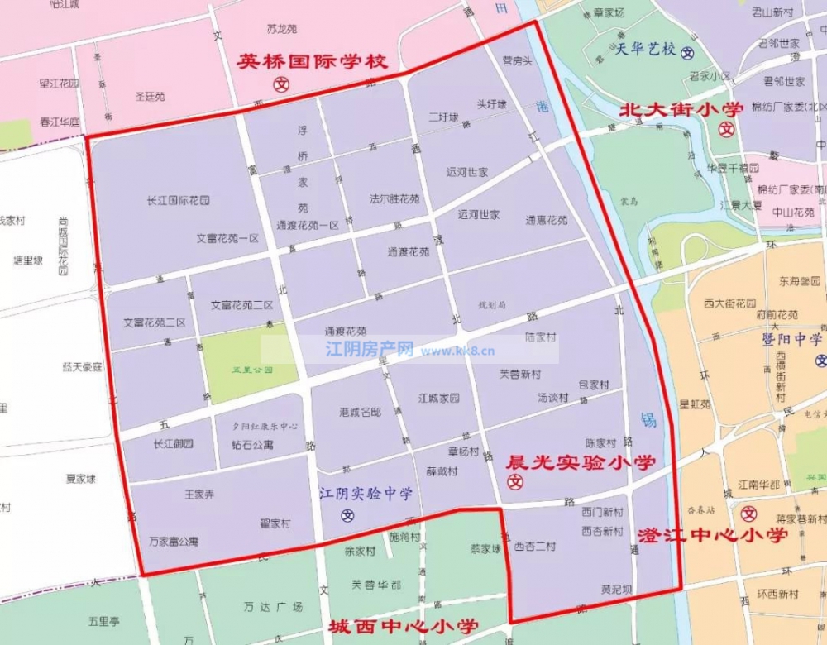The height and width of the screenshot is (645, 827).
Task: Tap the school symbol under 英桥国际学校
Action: pos(282,84)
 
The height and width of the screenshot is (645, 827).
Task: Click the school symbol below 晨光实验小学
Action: pos(515,482)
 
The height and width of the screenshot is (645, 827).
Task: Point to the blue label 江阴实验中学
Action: pos(366,494)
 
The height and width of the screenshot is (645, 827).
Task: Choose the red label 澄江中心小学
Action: pos(711,535)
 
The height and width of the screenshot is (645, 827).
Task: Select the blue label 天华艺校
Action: pos(646,49)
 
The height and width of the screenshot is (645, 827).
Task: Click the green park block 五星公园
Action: pos(251,363)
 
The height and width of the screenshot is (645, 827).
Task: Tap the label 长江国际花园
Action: pos(178,201)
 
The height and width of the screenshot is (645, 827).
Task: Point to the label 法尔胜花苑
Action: pos(394,199)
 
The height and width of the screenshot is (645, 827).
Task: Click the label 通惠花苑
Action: pos(547,221)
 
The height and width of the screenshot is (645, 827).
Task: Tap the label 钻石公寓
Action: pos(253,444)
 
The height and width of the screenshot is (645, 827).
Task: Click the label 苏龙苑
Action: pos(281,29)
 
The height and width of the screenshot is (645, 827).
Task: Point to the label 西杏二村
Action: pos(534,547)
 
